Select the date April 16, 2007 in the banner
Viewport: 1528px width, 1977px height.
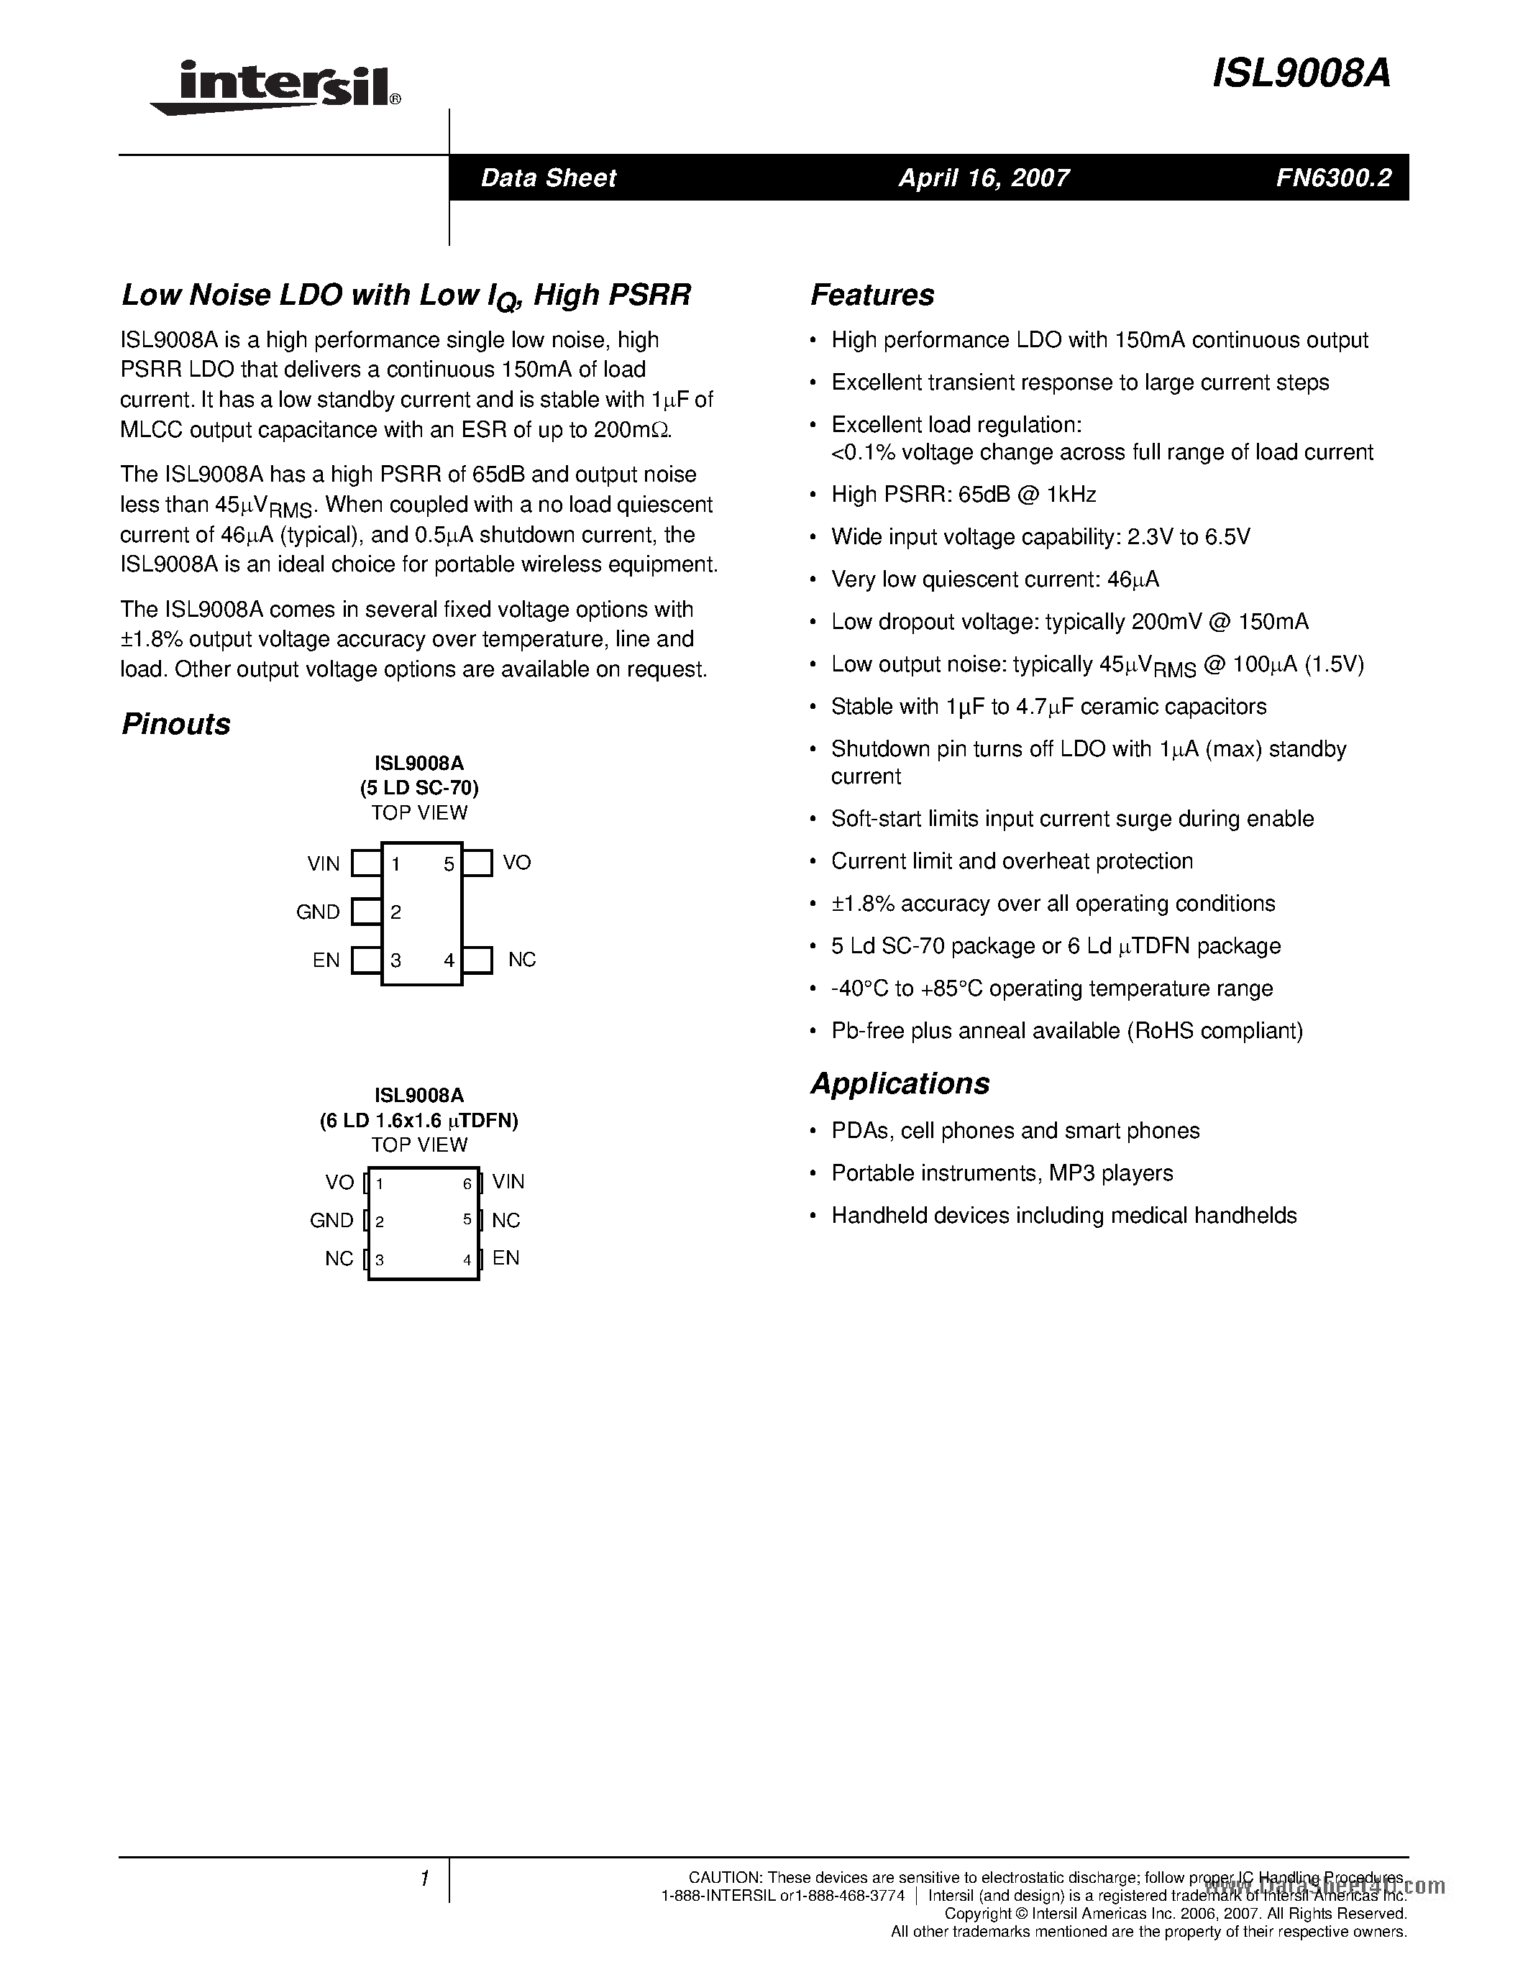(x=983, y=178)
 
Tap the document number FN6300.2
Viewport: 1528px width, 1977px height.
(x=1333, y=178)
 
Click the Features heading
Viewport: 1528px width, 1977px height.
(x=871, y=295)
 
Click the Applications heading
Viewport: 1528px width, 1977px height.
(x=900, y=1083)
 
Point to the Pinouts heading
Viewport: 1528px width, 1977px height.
(x=175, y=724)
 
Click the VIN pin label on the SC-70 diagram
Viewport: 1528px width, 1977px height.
(x=323, y=863)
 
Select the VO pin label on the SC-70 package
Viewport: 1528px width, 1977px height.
(x=517, y=863)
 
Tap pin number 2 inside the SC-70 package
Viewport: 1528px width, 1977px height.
(x=395, y=912)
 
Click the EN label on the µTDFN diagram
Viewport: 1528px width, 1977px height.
(x=506, y=1257)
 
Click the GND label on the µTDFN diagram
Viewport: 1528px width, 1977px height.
(x=331, y=1220)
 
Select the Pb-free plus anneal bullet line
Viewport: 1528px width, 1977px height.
(x=1066, y=1031)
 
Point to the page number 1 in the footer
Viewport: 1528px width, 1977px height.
(x=424, y=1879)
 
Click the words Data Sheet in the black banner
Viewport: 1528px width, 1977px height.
(x=548, y=178)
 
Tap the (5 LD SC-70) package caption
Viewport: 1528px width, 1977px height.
(x=418, y=787)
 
